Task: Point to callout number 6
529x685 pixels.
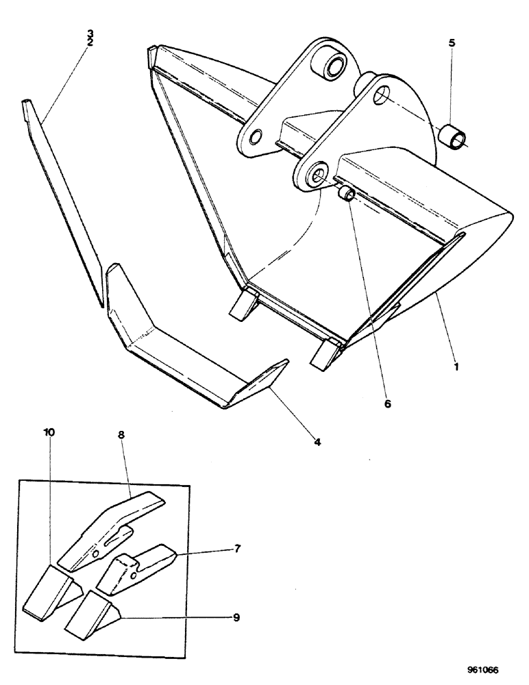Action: tap(387, 404)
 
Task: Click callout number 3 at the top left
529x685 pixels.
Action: tap(90, 33)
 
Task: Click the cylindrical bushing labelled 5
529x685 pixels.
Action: tap(451, 136)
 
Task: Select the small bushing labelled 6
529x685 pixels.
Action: tap(345, 195)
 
